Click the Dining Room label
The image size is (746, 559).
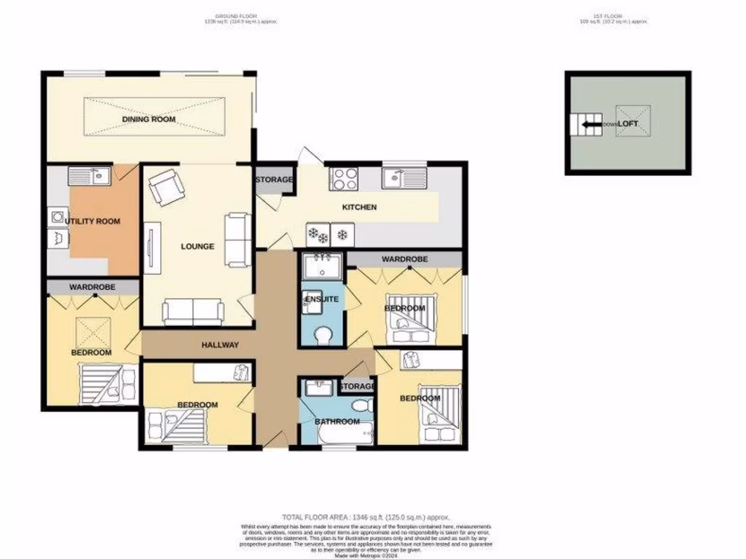149,119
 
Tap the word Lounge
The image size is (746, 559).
197,247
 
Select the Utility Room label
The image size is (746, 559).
93,221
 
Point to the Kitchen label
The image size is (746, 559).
360,207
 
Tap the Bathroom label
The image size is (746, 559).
337,421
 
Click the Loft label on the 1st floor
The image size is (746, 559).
628,124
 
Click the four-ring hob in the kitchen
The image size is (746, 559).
342,177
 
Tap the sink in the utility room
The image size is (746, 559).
90,175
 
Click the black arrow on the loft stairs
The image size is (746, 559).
592,124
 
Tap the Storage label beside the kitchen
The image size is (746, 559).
274,180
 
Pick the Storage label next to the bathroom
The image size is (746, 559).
357,386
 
